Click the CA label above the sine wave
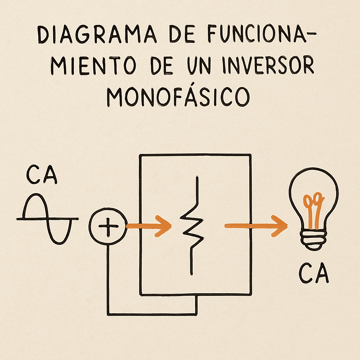[41, 175]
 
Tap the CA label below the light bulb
[314, 275]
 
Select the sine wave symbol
[47, 219]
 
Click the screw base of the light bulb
[313, 241]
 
